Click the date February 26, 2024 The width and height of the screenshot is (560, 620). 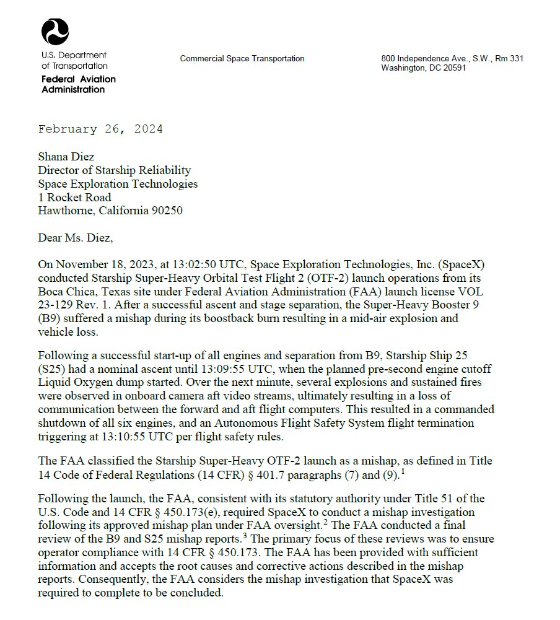(100, 129)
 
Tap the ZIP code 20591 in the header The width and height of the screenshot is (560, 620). (453, 68)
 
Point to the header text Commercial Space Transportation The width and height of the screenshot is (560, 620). (242, 59)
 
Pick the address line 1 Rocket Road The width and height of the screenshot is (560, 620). (74, 198)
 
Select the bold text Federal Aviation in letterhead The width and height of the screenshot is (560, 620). (78, 79)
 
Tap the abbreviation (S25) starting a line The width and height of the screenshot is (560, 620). (53, 370)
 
